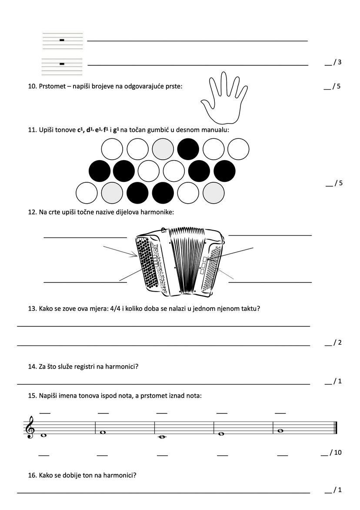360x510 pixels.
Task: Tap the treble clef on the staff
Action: tap(30, 427)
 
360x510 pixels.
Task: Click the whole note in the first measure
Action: tap(43, 435)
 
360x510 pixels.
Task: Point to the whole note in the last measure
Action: tap(280, 431)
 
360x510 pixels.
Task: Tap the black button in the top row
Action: tap(188, 149)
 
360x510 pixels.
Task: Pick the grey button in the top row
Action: tap(163, 149)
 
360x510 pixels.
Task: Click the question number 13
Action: tap(32, 309)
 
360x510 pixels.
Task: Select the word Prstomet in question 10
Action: tap(52, 86)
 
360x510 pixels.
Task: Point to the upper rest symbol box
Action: tap(62, 40)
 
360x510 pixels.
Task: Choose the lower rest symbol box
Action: tap(62, 64)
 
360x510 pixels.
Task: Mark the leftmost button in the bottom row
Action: tap(87, 193)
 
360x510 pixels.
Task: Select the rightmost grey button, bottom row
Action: tap(213, 193)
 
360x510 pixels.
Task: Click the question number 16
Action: tap(32, 475)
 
